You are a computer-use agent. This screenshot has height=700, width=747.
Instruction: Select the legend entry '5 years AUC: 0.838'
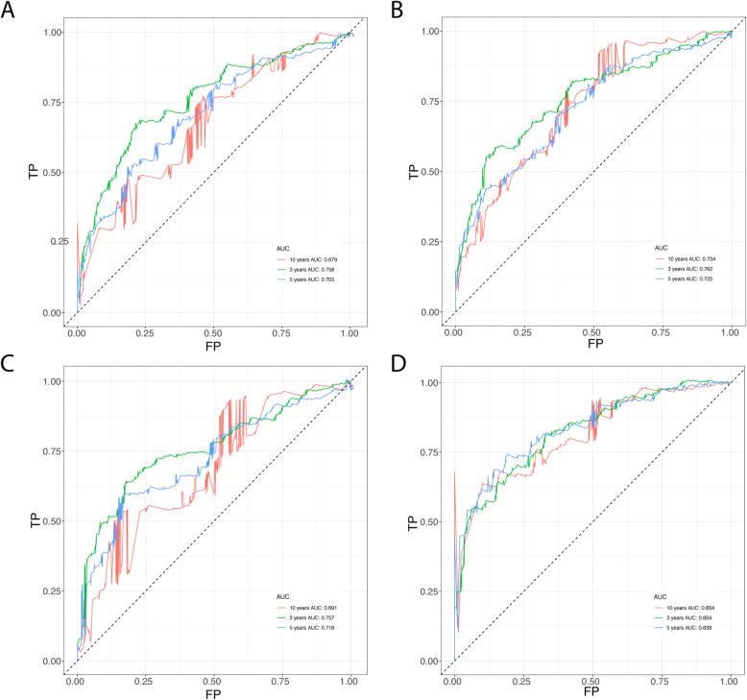tap(687, 627)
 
